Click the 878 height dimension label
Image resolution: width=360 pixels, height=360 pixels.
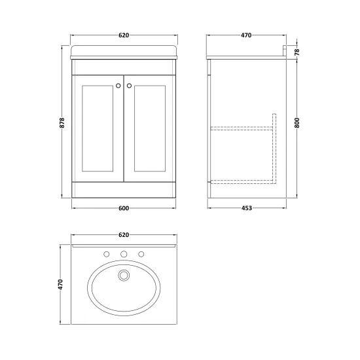tap(62, 122)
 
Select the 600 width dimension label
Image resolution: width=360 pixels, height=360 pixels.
tap(124, 208)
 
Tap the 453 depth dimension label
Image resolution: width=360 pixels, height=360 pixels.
tap(247, 208)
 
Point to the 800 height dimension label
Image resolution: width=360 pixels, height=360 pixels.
tap(297, 122)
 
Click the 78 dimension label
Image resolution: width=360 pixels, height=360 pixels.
tap(297, 52)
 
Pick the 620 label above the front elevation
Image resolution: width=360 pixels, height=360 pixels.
tap(124, 35)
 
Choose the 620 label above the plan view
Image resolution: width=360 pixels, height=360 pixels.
tap(124, 235)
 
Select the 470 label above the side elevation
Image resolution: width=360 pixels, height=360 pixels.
tap(246, 35)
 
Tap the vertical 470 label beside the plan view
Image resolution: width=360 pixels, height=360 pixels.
tap(60, 284)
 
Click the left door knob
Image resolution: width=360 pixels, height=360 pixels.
tap(118, 86)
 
